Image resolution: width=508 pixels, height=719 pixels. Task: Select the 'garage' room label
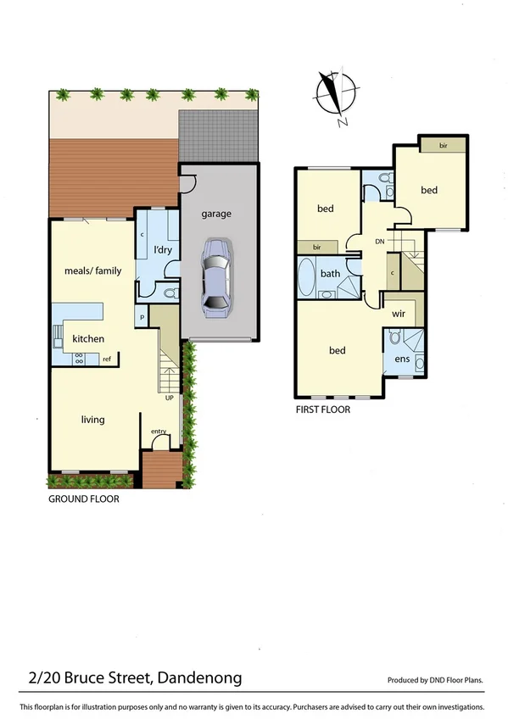[215, 215]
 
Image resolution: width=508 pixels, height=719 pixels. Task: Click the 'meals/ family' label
[93, 271]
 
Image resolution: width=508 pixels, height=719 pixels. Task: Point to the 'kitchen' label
[87, 339]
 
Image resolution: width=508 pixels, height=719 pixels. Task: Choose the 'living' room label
[92, 418]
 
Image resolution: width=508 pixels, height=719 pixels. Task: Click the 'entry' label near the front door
[159, 432]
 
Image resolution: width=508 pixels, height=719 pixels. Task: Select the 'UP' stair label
[169, 397]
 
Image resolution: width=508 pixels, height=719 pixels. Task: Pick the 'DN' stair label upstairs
[381, 242]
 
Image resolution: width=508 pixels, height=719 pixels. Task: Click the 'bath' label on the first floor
[330, 274]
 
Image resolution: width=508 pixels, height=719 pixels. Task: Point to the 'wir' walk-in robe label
[399, 313]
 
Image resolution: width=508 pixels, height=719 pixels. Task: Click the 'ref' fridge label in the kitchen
[107, 359]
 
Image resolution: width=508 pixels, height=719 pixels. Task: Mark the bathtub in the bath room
[306, 276]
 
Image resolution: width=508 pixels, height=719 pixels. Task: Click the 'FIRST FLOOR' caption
[322, 410]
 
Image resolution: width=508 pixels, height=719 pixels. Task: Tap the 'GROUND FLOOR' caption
[83, 499]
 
